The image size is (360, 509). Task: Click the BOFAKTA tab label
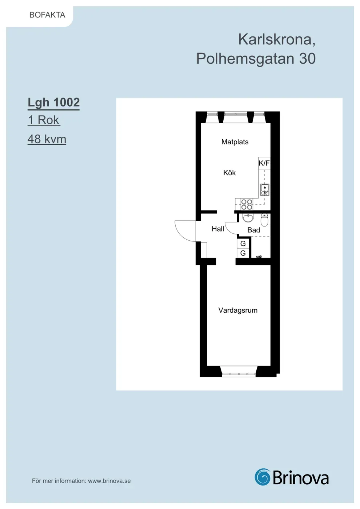point(47,15)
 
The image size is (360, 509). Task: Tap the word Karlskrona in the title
point(275,39)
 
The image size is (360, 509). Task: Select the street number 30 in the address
point(307,59)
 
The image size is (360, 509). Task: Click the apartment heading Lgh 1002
point(54,102)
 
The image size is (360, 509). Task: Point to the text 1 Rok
point(44,120)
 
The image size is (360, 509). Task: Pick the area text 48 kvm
point(47,139)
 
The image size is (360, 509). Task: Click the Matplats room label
point(235,142)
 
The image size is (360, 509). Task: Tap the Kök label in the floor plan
point(229,173)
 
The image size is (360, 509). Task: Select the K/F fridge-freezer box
point(264,163)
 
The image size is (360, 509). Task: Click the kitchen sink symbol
point(265,190)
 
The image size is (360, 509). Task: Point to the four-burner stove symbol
point(247,204)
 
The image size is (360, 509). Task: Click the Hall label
point(218,229)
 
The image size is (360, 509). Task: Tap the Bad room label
point(254,230)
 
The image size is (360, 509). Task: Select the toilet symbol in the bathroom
point(264,220)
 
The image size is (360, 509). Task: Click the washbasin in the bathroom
point(248,218)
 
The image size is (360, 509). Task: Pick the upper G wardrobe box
point(243,244)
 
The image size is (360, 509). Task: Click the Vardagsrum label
point(238,310)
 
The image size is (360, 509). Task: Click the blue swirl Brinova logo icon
point(263,477)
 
